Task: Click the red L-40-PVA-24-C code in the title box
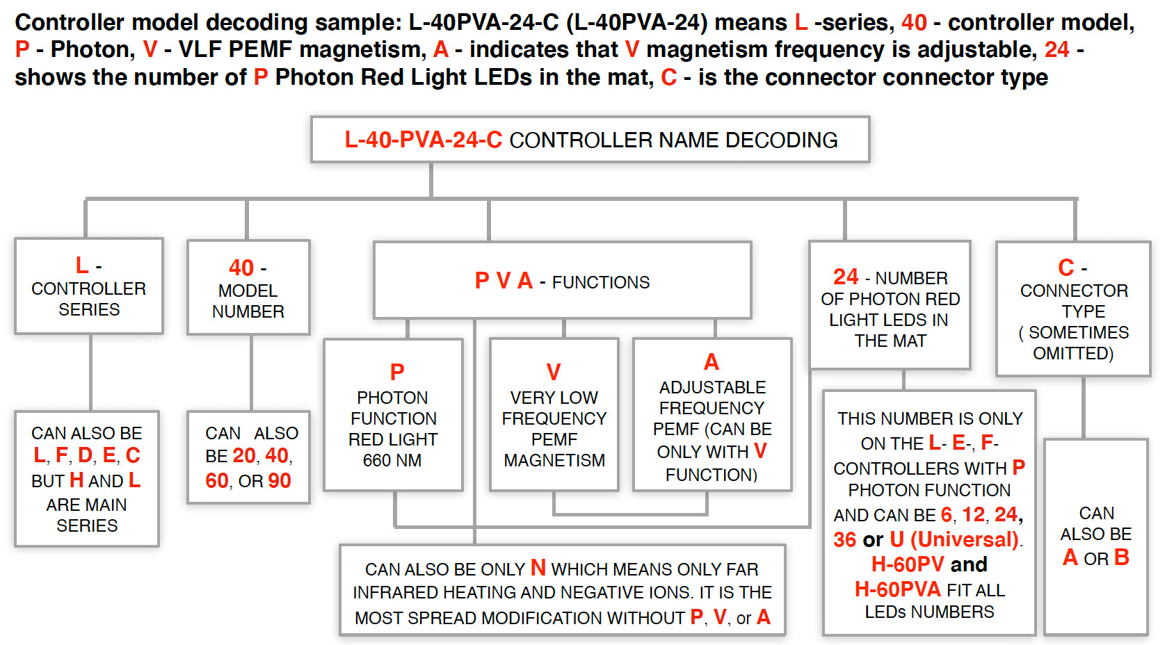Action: click(x=423, y=140)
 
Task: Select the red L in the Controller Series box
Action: click(x=81, y=266)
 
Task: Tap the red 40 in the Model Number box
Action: click(x=241, y=268)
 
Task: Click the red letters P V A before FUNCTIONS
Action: click(x=504, y=281)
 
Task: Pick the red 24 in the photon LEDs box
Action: click(x=846, y=277)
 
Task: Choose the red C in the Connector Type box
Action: click(x=1066, y=268)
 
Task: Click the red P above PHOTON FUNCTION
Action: click(x=397, y=372)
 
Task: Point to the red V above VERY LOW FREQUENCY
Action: click(x=554, y=372)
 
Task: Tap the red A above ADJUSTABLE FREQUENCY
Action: click(x=711, y=361)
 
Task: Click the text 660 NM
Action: click(x=392, y=460)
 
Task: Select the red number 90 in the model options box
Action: click(x=280, y=480)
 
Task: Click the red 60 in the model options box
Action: click(x=217, y=480)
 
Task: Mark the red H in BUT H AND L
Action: click(x=77, y=480)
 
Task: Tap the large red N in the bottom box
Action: click(x=538, y=568)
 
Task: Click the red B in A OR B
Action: click(x=1121, y=557)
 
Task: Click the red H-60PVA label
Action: click(x=897, y=589)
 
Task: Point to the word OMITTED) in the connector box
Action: click(x=1073, y=353)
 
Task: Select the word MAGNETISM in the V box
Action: click(x=554, y=460)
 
